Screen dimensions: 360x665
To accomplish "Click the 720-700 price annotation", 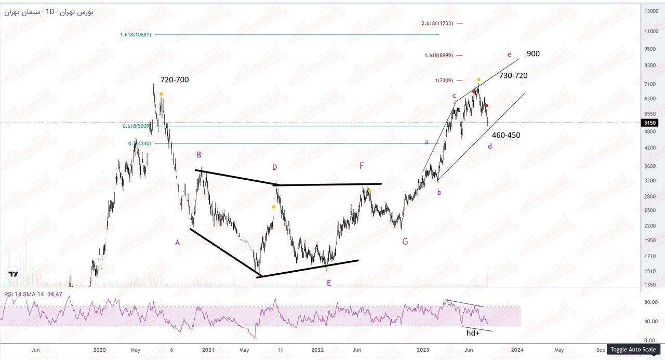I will click(174, 80).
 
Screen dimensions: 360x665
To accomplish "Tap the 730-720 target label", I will click(513, 76).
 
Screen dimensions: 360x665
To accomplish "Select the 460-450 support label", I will click(506, 136).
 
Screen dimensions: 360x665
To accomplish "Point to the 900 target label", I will click(533, 54).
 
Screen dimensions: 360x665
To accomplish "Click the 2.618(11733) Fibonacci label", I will click(437, 23).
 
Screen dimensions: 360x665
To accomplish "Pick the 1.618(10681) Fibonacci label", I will click(135, 35).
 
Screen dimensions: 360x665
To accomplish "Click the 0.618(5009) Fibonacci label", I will click(137, 126).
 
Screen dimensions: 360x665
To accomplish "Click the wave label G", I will click(405, 242).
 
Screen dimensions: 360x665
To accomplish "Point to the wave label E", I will click(328, 283).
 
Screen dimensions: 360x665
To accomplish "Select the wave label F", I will click(362, 166).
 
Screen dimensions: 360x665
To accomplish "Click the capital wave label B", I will click(198, 155).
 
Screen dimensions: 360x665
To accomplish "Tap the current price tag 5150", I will click(650, 123).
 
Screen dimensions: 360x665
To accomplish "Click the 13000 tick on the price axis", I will click(651, 11).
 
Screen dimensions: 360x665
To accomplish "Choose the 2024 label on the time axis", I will click(516, 350).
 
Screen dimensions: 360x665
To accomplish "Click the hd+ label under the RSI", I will click(473, 333).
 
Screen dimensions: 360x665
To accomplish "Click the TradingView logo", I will click(14, 274).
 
